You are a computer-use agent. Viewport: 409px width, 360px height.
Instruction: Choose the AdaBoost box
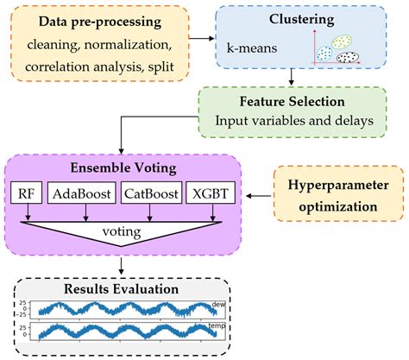(x=83, y=193)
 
